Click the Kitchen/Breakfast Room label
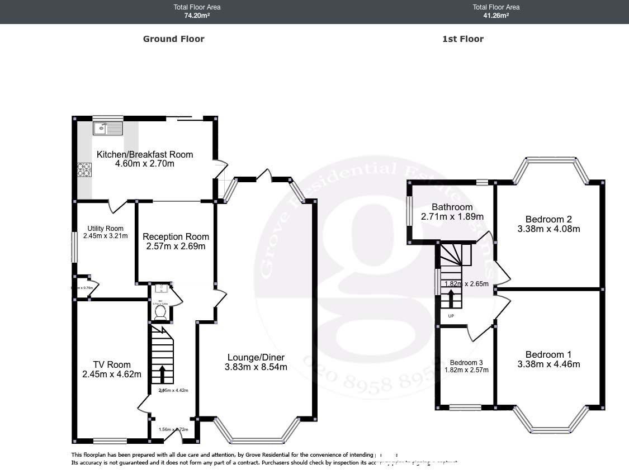point(145,154)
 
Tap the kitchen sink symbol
point(107,129)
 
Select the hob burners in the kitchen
point(84,169)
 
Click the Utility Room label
point(105,228)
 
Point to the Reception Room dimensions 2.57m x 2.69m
point(176,246)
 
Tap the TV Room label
point(112,364)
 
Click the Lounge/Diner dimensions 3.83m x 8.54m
point(256,367)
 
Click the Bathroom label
point(452,207)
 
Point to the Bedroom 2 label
point(548,219)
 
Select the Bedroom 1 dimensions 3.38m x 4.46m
point(548,364)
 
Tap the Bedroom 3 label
point(467,362)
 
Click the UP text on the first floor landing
point(451,316)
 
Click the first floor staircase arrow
point(451,298)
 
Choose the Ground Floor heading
point(173,39)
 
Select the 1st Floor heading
point(462,39)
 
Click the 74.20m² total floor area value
point(197,16)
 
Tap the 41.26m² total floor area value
point(496,16)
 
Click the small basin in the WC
point(161,288)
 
